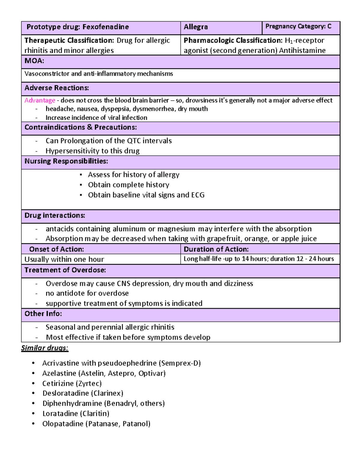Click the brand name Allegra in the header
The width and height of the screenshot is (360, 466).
(x=196, y=27)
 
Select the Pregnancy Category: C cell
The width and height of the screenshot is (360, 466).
(x=298, y=26)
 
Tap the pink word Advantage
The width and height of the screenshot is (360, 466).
(x=40, y=100)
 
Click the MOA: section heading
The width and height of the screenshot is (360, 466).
(x=34, y=61)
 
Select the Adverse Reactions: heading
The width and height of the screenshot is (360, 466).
(x=57, y=88)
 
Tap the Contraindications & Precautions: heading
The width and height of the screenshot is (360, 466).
(x=80, y=127)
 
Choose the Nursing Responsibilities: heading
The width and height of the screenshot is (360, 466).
(x=66, y=161)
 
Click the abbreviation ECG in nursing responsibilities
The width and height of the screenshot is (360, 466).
(x=198, y=195)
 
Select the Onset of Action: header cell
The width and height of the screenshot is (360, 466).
(x=56, y=249)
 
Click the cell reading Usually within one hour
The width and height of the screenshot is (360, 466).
(x=64, y=259)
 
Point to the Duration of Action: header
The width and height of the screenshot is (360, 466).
(x=216, y=249)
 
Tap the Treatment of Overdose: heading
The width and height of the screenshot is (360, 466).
(x=65, y=270)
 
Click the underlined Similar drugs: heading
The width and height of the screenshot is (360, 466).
(x=45, y=348)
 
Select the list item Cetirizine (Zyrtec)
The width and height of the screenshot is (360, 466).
(x=72, y=383)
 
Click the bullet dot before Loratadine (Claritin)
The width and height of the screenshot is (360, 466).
(x=34, y=414)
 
